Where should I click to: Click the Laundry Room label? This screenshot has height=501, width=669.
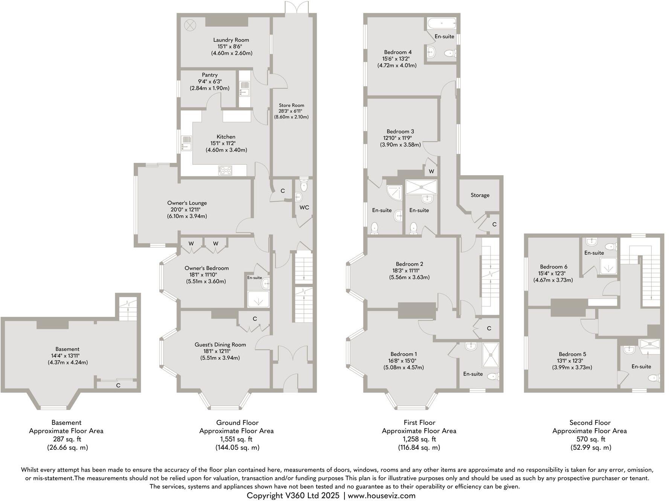(x=231, y=40)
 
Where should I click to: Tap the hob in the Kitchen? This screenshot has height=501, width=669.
(x=225, y=170)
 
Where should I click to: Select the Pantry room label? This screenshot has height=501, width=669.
(x=209, y=75)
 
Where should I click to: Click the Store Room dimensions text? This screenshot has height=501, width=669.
(x=291, y=114)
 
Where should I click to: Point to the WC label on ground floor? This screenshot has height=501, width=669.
(x=304, y=207)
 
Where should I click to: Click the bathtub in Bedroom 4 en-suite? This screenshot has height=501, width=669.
(x=442, y=24)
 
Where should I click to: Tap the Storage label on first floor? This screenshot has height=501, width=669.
(x=480, y=195)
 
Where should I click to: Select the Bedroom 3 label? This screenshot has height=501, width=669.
(x=400, y=132)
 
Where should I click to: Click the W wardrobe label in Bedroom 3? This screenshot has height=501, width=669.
(x=431, y=172)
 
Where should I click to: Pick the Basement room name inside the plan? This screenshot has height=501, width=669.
(x=67, y=349)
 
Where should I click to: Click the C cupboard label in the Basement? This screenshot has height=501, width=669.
(x=118, y=385)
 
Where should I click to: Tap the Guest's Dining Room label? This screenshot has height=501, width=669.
(x=220, y=345)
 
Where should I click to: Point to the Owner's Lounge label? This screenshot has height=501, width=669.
(x=187, y=203)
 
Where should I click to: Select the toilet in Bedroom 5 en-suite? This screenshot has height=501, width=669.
(x=656, y=378)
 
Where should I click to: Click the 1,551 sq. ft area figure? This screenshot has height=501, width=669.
(x=236, y=439)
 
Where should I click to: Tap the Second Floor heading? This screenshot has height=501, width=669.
(x=590, y=423)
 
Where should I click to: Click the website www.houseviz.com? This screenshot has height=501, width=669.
(x=381, y=495)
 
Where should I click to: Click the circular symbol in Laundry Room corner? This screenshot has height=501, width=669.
(x=190, y=26)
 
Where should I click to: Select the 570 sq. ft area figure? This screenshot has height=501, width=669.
(x=590, y=439)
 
